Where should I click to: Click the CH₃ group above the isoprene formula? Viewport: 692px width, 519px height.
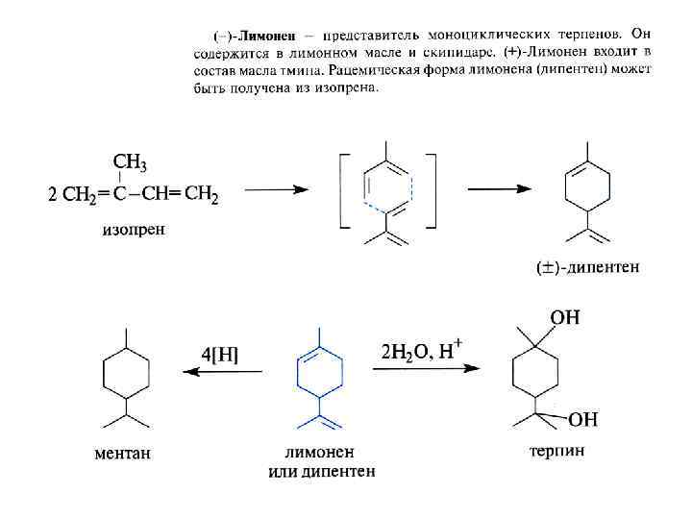[x=130, y=161]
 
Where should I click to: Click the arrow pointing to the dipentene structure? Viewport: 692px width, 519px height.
[x=500, y=189]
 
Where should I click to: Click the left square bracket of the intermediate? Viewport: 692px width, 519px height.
[x=343, y=190]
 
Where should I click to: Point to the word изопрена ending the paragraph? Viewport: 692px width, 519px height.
[x=352, y=88]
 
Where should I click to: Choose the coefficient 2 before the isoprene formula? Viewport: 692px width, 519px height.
[x=53, y=197]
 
